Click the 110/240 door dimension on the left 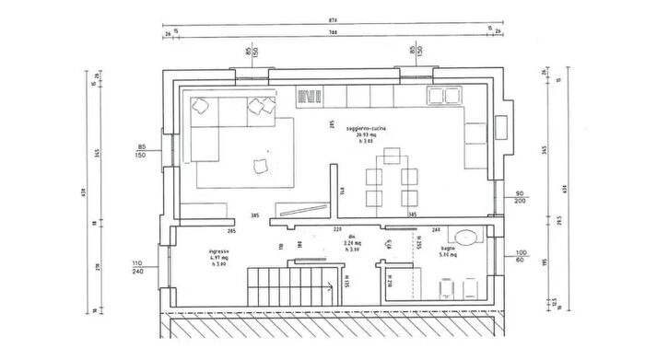[139, 266]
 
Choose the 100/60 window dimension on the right [522, 256]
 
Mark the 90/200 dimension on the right [522, 196]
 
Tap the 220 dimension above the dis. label [337, 228]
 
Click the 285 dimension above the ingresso [232, 230]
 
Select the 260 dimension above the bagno [436, 229]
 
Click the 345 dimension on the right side [545, 150]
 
